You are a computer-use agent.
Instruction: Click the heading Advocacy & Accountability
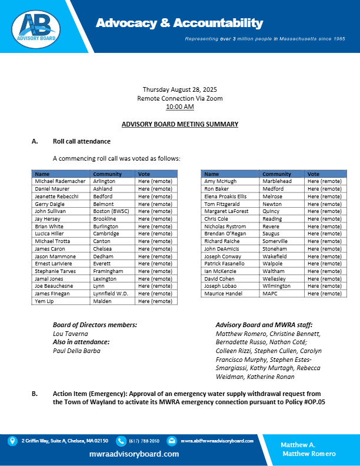pos(179,23)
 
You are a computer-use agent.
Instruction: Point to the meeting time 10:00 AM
pos(179,106)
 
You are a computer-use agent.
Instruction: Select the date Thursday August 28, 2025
pos(179,89)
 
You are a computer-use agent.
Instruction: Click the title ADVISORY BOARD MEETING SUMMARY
pos(179,124)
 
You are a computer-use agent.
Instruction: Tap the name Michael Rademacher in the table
pos(60,181)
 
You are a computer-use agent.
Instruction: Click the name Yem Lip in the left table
pos(44,301)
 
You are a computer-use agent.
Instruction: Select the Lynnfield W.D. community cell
pos(111,293)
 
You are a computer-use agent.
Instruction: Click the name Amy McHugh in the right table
pos(221,181)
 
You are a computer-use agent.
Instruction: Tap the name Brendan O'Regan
pos(225,234)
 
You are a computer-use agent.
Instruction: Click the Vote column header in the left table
pos(144,174)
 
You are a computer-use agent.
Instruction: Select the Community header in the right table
pos(276,174)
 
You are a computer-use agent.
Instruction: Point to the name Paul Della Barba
pos(76,351)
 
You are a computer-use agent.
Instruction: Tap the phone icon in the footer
pos(121,441)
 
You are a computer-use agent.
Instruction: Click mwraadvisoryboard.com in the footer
pos(134,454)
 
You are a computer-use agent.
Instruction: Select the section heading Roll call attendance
pos(82,142)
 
